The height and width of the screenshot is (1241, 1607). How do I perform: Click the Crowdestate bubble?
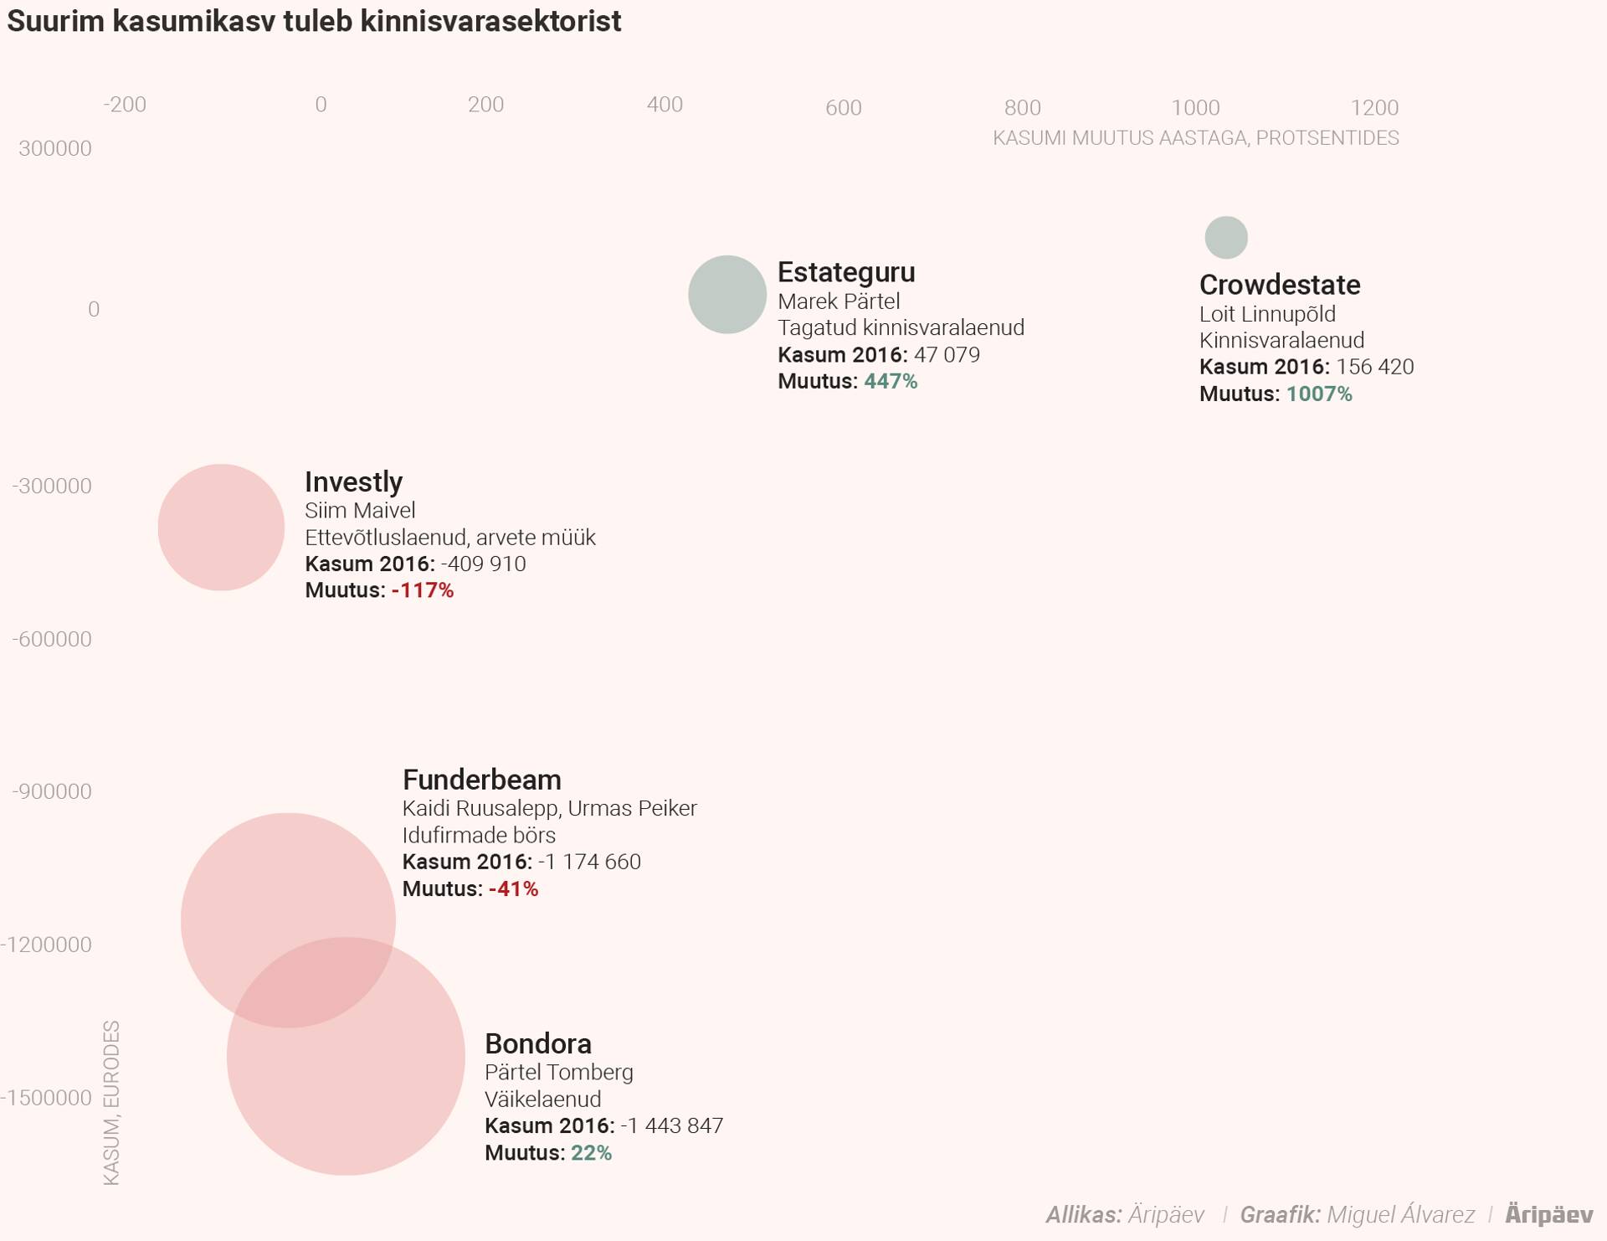pos(1226,238)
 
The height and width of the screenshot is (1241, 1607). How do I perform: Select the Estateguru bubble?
pos(727,295)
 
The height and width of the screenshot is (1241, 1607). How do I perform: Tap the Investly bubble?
pos(221,528)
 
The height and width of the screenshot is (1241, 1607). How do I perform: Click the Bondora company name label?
pos(538,1043)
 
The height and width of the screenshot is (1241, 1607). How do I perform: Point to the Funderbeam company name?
pos(481,780)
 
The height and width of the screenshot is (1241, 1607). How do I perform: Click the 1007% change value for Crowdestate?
pos(1319,394)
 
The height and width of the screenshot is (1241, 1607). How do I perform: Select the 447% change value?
pos(891,381)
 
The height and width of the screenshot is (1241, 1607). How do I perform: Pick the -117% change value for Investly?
pos(423,590)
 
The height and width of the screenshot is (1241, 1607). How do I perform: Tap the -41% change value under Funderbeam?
pos(513,888)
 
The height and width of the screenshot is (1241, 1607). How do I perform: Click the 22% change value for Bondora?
pos(591,1153)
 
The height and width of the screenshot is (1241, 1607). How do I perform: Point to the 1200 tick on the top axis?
pos(1374,108)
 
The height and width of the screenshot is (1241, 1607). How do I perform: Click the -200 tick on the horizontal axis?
pos(125,105)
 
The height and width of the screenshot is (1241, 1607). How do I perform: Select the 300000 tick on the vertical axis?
pos(55,149)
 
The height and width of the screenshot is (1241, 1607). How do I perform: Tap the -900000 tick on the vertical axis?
pos(52,791)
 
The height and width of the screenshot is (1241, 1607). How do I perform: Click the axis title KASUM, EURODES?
pos(111,1103)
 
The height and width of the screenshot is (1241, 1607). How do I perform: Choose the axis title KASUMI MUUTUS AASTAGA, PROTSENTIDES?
pos(1195,138)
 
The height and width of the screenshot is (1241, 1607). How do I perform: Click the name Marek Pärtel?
pos(839,301)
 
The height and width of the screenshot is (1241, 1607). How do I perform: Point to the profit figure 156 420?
pos(1374,367)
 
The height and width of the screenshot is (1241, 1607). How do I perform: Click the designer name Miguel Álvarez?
pos(1400,1214)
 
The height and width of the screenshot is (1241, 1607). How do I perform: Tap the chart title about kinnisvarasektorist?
pos(314,22)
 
